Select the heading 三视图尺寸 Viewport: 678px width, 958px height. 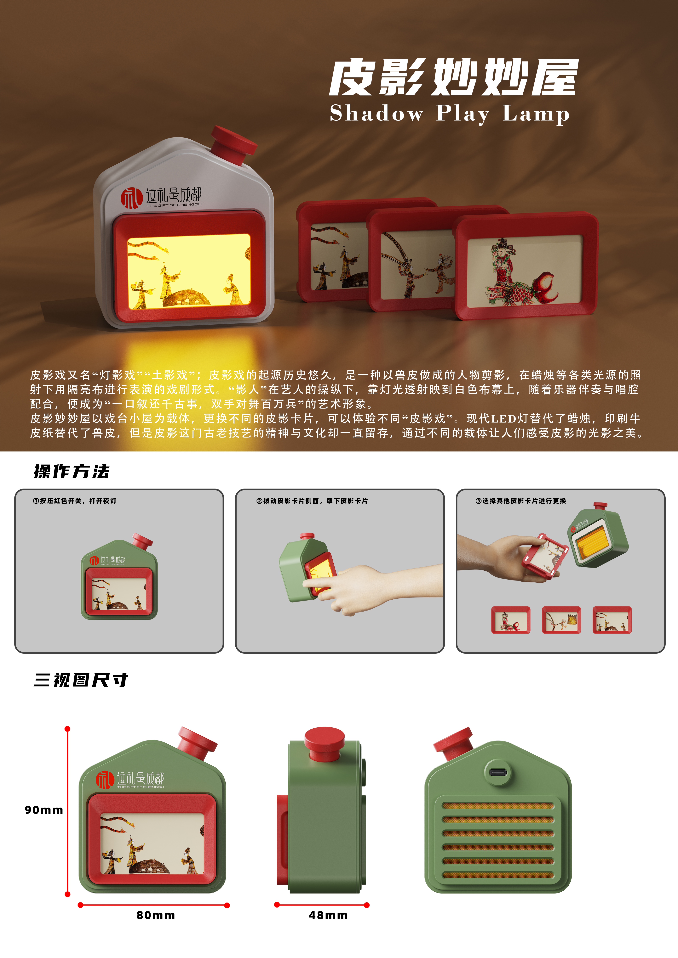point(81,680)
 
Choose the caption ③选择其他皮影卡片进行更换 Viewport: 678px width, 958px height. point(521,501)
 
